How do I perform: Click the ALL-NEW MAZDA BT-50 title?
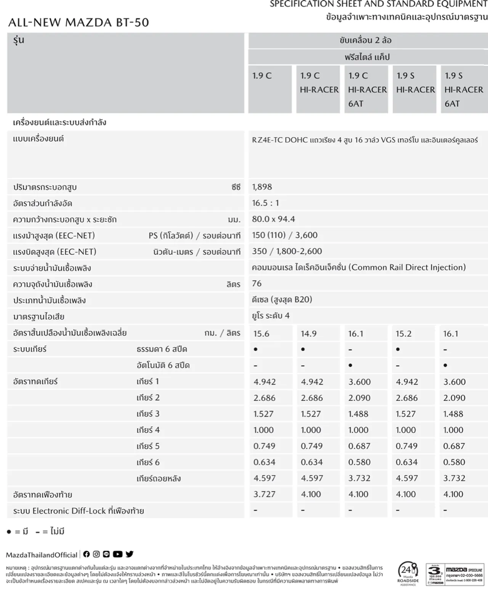click(79, 22)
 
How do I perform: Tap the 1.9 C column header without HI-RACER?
click(262, 76)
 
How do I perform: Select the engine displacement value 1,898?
click(262, 187)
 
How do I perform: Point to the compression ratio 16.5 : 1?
click(265, 203)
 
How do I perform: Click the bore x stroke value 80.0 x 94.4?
click(273, 219)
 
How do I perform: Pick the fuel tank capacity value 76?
click(257, 283)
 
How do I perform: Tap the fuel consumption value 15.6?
click(261, 334)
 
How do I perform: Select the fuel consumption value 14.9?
click(308, 334)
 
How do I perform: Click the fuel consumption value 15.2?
click(403, 334)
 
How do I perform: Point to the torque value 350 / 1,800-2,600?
click(287, 251)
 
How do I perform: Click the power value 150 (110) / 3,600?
click(284, 235)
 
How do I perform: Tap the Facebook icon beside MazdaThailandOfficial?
click(87, 554)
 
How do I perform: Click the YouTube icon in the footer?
click(117, 554)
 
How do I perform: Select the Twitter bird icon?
click(130, 554)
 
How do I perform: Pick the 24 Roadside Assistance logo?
click(408, 574)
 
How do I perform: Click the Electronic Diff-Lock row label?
click(79, 511)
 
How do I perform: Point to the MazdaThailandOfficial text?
click(42, 555)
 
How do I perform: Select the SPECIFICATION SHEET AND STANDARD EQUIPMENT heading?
click(379, 4)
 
